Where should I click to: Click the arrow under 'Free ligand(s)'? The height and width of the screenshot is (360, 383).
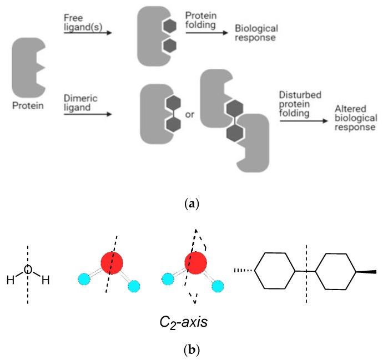click(x=88, y=33)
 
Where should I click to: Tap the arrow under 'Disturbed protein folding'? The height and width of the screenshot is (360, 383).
click(x=302, y=120)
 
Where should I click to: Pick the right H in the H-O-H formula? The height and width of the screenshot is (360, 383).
click(x=46, y=280)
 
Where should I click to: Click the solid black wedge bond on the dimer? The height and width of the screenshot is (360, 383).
click(x=367, y=271)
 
